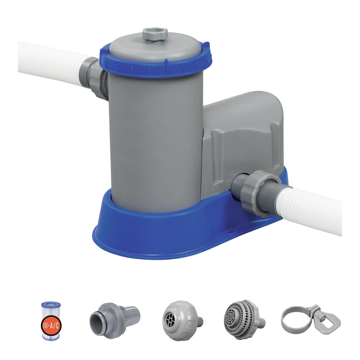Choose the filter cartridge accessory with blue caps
click(50, 318)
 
